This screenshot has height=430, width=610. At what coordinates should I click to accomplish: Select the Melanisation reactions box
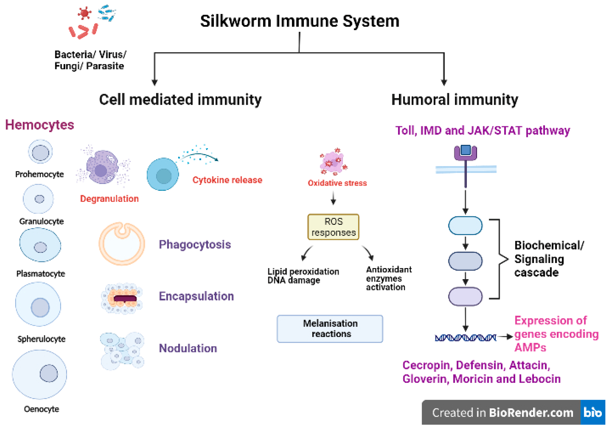pyautogui.click(x=330, y=329)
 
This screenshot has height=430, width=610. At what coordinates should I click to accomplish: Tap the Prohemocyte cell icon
pyautogui.click(x=40, y=152)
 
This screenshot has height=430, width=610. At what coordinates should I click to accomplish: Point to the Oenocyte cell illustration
pyautogui.click(x=40, y=374)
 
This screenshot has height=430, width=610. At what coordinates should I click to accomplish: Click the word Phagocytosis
pyautogui.click(x=195, y=245)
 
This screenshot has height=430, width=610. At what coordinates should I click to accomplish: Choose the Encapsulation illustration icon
pyautogui.click(x=122, y=298)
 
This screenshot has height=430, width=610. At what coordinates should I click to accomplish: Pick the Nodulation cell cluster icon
pyautogui.click(x=122, y=351)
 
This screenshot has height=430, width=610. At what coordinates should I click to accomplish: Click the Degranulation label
pyautogui.click(x=109, y=199)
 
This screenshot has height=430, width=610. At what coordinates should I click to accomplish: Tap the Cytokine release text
pyautogui.click(x=227, y=180)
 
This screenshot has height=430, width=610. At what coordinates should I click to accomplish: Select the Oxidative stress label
pyautogui.click(x=337, y=183)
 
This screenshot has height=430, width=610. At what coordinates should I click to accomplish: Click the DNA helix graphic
pyautogui.click(x=465, y=338)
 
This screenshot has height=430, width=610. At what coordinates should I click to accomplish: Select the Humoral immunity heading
pyautogui.click(x=455, y=100)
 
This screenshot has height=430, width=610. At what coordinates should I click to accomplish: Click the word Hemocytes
pyautogui.click(x=40, y=125)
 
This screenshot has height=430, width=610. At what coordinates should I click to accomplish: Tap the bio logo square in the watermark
pyautogui.click(x=593, y=412)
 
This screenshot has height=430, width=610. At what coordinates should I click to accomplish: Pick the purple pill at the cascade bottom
pyautogui.click(x=465, y=296)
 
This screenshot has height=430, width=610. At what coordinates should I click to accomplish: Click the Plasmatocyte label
pyautogui.click(x=41, y=274)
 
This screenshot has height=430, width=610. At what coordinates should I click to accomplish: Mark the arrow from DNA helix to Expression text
pyautogui.click(x=505, y=337)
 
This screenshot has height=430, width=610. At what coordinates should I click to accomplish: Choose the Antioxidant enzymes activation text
pyautogui.click(x=389, y=278)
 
